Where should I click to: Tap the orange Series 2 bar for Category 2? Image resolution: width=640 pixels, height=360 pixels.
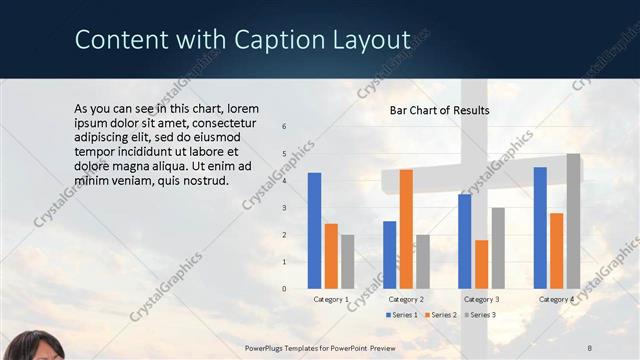406,229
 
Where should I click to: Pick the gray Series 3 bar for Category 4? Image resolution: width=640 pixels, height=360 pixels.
573,221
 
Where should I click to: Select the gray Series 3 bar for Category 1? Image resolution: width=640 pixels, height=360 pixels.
347,261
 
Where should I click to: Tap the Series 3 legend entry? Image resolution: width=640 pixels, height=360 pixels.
479,315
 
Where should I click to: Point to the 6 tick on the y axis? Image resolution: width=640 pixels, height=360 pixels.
284,127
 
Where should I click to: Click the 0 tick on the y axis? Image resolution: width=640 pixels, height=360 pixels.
284,289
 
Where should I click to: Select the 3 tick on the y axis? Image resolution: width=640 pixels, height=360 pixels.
284,208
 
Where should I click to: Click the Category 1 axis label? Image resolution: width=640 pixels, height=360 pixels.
331,299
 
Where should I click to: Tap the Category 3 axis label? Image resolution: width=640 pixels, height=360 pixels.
481,299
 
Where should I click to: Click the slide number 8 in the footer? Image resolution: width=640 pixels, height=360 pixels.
589,347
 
